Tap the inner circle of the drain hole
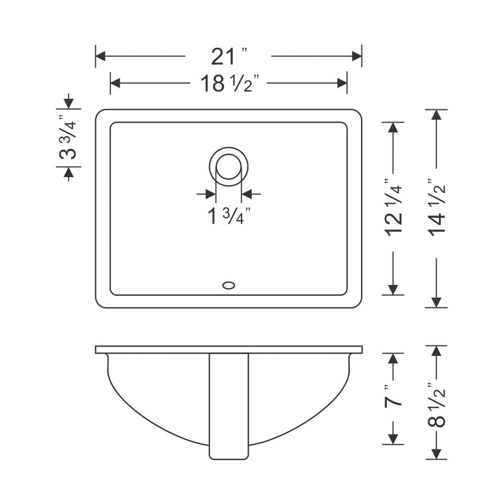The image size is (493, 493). coord(229,167)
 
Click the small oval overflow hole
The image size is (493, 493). coord(229,285)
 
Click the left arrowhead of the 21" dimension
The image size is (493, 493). coord(100,56)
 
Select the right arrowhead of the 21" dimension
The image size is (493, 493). coord(357,56)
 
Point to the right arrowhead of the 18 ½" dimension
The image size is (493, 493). coord(342,83)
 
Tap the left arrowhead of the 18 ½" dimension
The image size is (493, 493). coord(115,83)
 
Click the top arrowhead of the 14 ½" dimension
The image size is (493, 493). coord(436,115)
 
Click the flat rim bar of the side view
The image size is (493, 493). coord(229,350)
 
